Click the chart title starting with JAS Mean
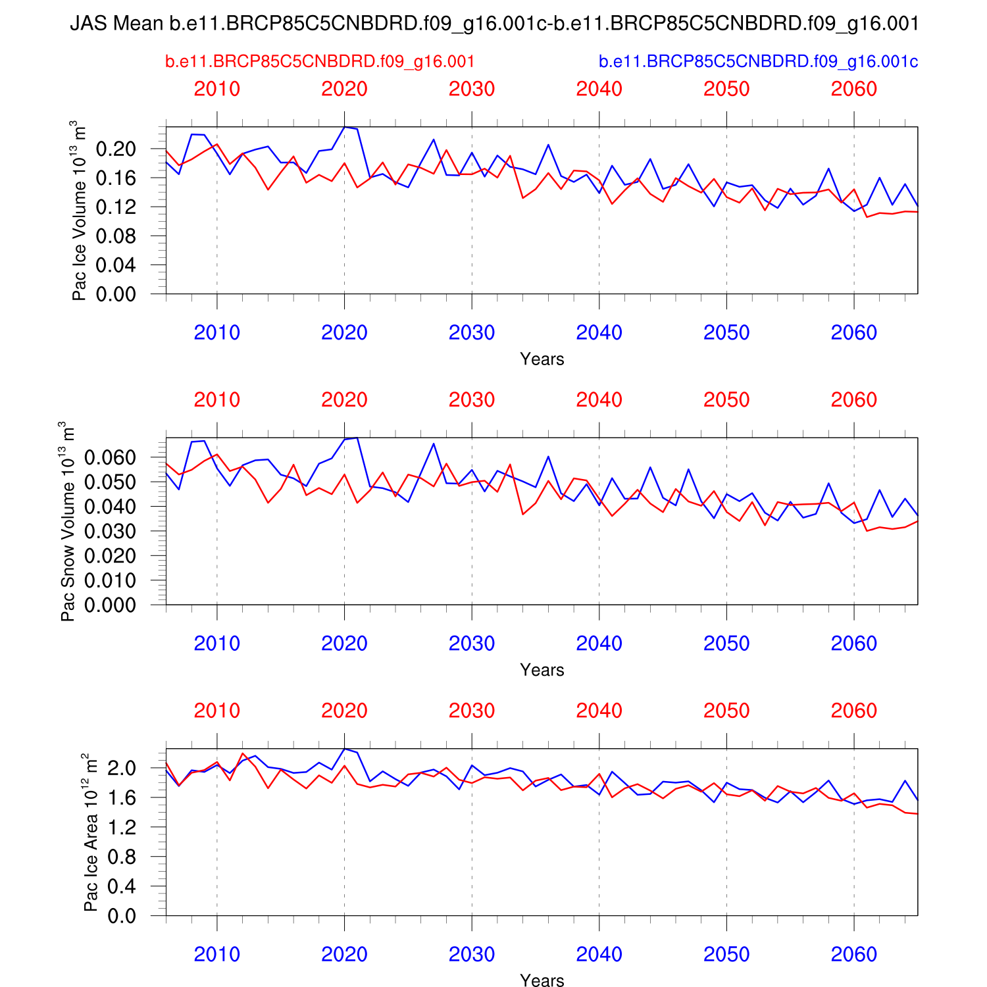(x=493, y=24)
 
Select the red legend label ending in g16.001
(x=320, y=62)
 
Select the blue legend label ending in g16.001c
(x=758, y=62)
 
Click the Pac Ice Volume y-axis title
(x=79, y=211)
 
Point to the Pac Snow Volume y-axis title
(x=68, y=521)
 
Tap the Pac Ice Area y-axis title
(x=91, y=832)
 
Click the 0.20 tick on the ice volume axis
(x=116, y=149)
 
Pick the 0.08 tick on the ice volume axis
(x=116, y=236)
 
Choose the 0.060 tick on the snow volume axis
(x=110, y=457)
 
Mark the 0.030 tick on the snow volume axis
(x=110, y=532)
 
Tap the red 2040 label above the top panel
(x=599, y=89)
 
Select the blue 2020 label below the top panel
(x=344, y=333)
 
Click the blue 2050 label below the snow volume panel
(x=726, y=644)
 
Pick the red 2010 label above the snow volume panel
(x=217, y=400)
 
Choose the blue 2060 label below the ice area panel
(x=854, y=955)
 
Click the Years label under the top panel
(x=542, y=359)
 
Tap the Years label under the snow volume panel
(x=542, y=670)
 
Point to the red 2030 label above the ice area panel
(x=472, y=711)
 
